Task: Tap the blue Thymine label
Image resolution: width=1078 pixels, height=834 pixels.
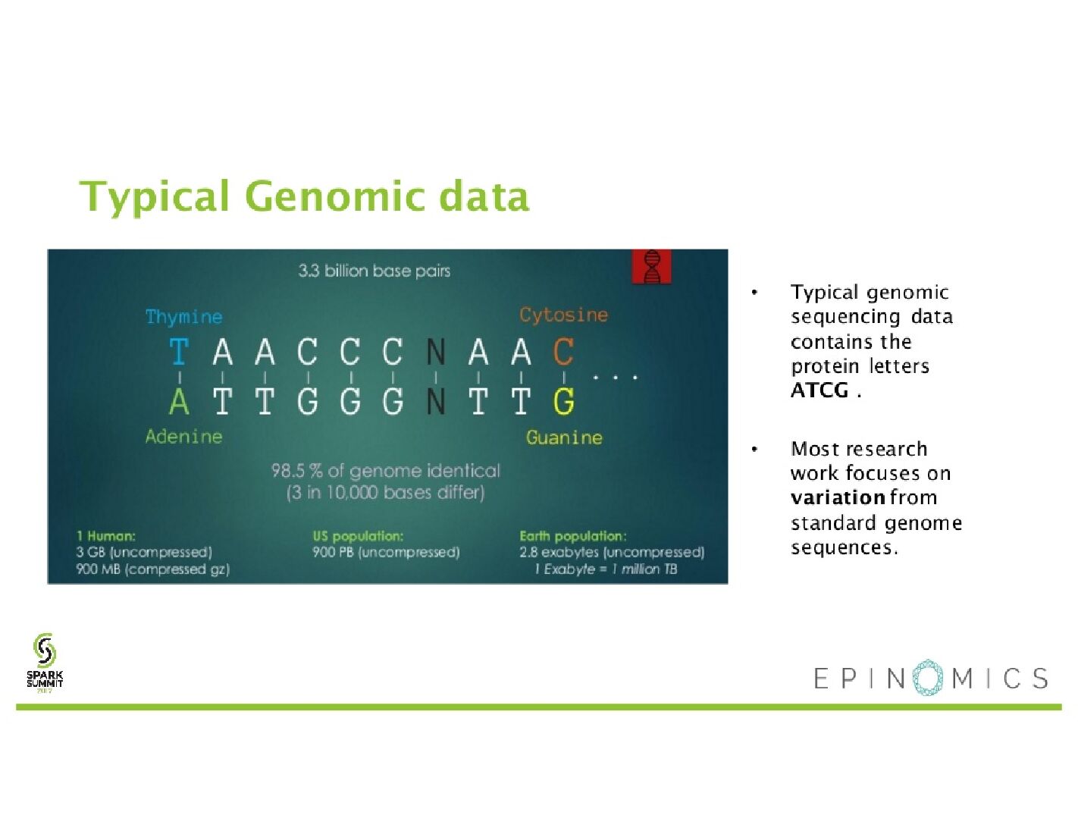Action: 183,317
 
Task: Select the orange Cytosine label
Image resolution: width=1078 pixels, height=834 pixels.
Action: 563,315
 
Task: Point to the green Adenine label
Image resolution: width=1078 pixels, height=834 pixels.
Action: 183,437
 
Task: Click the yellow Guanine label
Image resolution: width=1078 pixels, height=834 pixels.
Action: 564,437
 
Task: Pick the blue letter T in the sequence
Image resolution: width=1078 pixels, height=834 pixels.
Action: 179,352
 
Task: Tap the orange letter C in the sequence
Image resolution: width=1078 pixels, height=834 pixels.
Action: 563,352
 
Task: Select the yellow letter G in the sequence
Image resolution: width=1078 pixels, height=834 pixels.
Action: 563,401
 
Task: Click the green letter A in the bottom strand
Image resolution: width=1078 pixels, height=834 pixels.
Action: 179,401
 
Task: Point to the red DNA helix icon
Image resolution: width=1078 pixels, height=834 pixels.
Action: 651,266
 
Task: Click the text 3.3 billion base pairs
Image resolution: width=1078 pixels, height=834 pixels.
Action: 374,271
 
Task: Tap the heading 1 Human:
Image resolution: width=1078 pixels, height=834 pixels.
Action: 105,536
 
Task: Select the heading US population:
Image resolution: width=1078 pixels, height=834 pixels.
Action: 358,536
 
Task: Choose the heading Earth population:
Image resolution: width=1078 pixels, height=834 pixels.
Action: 573,536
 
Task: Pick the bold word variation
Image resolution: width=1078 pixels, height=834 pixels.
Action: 838,497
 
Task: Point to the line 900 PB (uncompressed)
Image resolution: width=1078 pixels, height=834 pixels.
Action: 386,552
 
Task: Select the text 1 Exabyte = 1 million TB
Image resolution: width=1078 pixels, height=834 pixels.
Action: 606,569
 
